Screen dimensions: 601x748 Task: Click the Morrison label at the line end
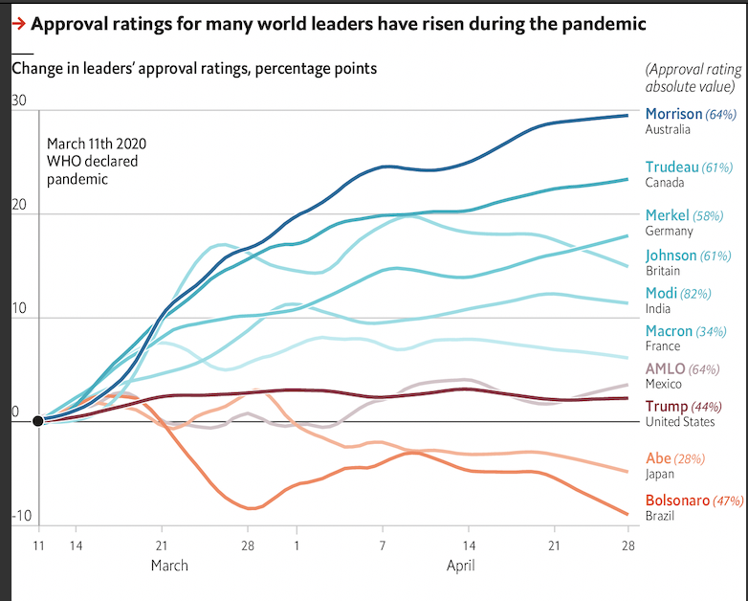click(674, 114)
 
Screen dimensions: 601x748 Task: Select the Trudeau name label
click(672, 167)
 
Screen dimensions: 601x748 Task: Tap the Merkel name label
click(669, 215)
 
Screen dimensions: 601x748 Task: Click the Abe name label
click(658, 458)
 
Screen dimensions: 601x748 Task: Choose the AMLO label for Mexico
click(665, 368)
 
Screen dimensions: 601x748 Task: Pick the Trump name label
click(667, 406)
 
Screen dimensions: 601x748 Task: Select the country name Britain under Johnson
click(663, 271)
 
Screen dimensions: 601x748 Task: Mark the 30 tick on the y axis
click(18, 101)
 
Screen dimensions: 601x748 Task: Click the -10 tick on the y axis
click(21, 517)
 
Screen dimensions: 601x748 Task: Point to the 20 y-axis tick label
click(18, 207)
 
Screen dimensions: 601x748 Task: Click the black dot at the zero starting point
click(37, 421)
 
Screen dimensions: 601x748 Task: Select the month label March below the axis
click(169, 565)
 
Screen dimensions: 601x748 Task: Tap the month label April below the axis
click(460, 565)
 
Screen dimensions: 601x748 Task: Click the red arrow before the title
click(17, 23)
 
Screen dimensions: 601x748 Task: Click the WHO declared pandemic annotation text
click(93, 161)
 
